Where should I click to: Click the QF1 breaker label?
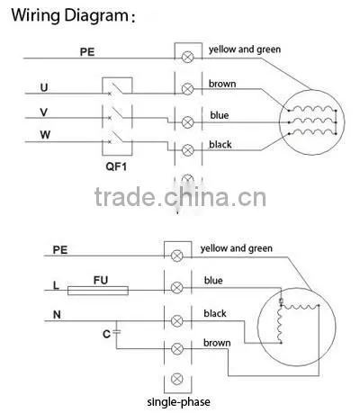(116, 166)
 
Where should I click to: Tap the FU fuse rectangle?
(98, 291)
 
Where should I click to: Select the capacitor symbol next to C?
(116, 332)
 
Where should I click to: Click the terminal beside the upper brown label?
(188, 89)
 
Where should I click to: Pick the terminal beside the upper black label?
(188, 149)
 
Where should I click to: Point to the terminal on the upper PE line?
(188, 57)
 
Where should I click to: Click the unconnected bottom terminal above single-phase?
(177, 379)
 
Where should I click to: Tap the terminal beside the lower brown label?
(177, 349)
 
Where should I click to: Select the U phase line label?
(44, 87)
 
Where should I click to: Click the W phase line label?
(45, 135)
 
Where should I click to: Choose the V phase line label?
(44, 112)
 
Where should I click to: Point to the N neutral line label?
(57, 315)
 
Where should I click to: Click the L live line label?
(56, 285)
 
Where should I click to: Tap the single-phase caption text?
(178, 402)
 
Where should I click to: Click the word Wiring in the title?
(35, 15)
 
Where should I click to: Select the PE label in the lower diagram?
(60, 250)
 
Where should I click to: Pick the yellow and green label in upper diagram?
(245, 49)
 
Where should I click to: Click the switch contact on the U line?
(116, 89)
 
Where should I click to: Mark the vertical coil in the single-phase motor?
(280, 325)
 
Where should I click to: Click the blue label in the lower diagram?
(213, 281)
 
